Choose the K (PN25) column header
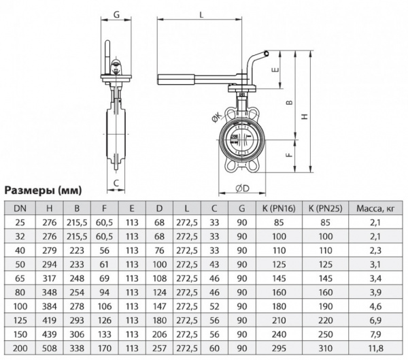point(325,209)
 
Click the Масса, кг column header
point(375,209)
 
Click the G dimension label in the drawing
point(116,14)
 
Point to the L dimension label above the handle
point(203,14)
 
